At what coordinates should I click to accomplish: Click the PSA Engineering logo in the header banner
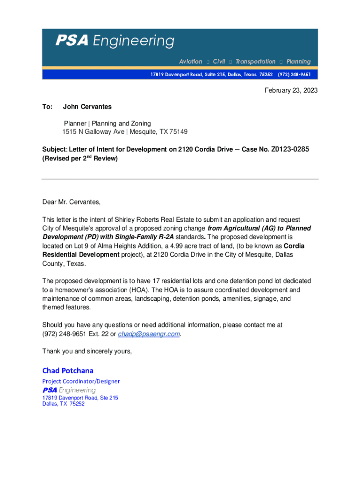tap(115, 41)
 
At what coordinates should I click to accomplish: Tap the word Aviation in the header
tap(191, 62)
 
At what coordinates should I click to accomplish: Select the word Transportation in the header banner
tap(255, 62)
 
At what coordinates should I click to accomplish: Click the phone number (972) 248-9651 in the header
tap(294, 75)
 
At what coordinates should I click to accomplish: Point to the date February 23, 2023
tap(291, 90)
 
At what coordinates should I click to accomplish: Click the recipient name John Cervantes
tap(87, 107)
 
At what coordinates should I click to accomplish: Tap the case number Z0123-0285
tap(289, 149)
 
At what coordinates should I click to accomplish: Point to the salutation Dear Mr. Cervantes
tap(71, 202)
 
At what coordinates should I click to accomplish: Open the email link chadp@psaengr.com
tap(149, 334)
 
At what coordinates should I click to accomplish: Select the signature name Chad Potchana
tap(68, 370)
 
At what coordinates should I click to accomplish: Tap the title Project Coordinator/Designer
tap(81, 381)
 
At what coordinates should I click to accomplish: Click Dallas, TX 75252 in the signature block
tap(63, 404)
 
